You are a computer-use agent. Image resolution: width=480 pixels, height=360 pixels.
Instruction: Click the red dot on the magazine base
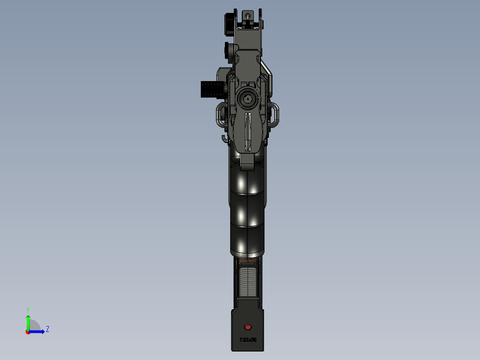click(x=248, y=327)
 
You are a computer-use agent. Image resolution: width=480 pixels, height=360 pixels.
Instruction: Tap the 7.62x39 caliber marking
click(x=248, y=340)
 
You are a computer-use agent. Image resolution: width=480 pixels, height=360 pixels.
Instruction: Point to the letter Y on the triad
click(x=28, y=309)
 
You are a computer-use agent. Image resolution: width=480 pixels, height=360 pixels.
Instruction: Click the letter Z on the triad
click(x=47, y=329)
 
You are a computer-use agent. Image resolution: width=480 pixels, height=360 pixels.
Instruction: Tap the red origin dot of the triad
click(x=28, y=332)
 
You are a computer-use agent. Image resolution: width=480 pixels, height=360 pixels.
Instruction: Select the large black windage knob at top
click(x=229, y=24)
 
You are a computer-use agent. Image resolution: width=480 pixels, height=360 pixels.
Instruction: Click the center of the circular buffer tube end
click(x=248, y=99)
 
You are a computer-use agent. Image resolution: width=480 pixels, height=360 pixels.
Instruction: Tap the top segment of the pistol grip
click(x=248, y=180)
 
